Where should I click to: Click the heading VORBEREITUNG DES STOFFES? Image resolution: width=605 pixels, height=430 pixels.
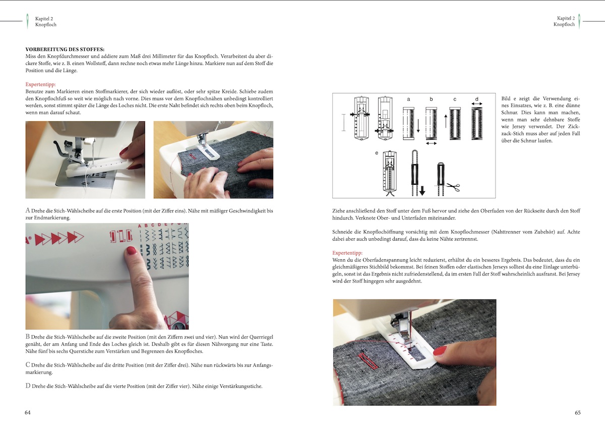point(65,49)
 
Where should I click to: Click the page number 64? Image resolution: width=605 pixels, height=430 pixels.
point(28,412)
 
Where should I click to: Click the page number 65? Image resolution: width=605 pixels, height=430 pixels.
point(577,412)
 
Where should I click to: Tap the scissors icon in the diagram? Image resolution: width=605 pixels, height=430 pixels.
point(453,187)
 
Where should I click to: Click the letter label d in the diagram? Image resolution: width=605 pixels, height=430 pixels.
point(477,99)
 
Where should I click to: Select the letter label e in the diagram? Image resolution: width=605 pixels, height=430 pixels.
point(377,153)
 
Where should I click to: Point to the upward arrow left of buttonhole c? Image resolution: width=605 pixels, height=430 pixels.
point(446,121)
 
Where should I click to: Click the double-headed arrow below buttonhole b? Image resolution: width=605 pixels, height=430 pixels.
point(431,143)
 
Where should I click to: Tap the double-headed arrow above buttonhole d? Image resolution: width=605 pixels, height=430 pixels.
point(477,104)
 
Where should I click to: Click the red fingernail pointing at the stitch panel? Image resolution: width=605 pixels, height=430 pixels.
point(131,251)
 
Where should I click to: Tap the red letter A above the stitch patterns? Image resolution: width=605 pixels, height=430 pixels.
point(139,226)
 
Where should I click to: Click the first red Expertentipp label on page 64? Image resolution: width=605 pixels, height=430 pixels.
point(40,85)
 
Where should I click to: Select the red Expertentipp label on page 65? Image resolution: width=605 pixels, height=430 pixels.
point(347,253)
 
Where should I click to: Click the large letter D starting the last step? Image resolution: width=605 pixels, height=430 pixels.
point(28,386)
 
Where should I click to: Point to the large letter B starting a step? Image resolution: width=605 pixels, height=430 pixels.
point(28,337)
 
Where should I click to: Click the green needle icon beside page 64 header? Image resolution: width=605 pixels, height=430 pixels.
point(27,21)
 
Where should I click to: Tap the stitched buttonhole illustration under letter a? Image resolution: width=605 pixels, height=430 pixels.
point(408,123)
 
